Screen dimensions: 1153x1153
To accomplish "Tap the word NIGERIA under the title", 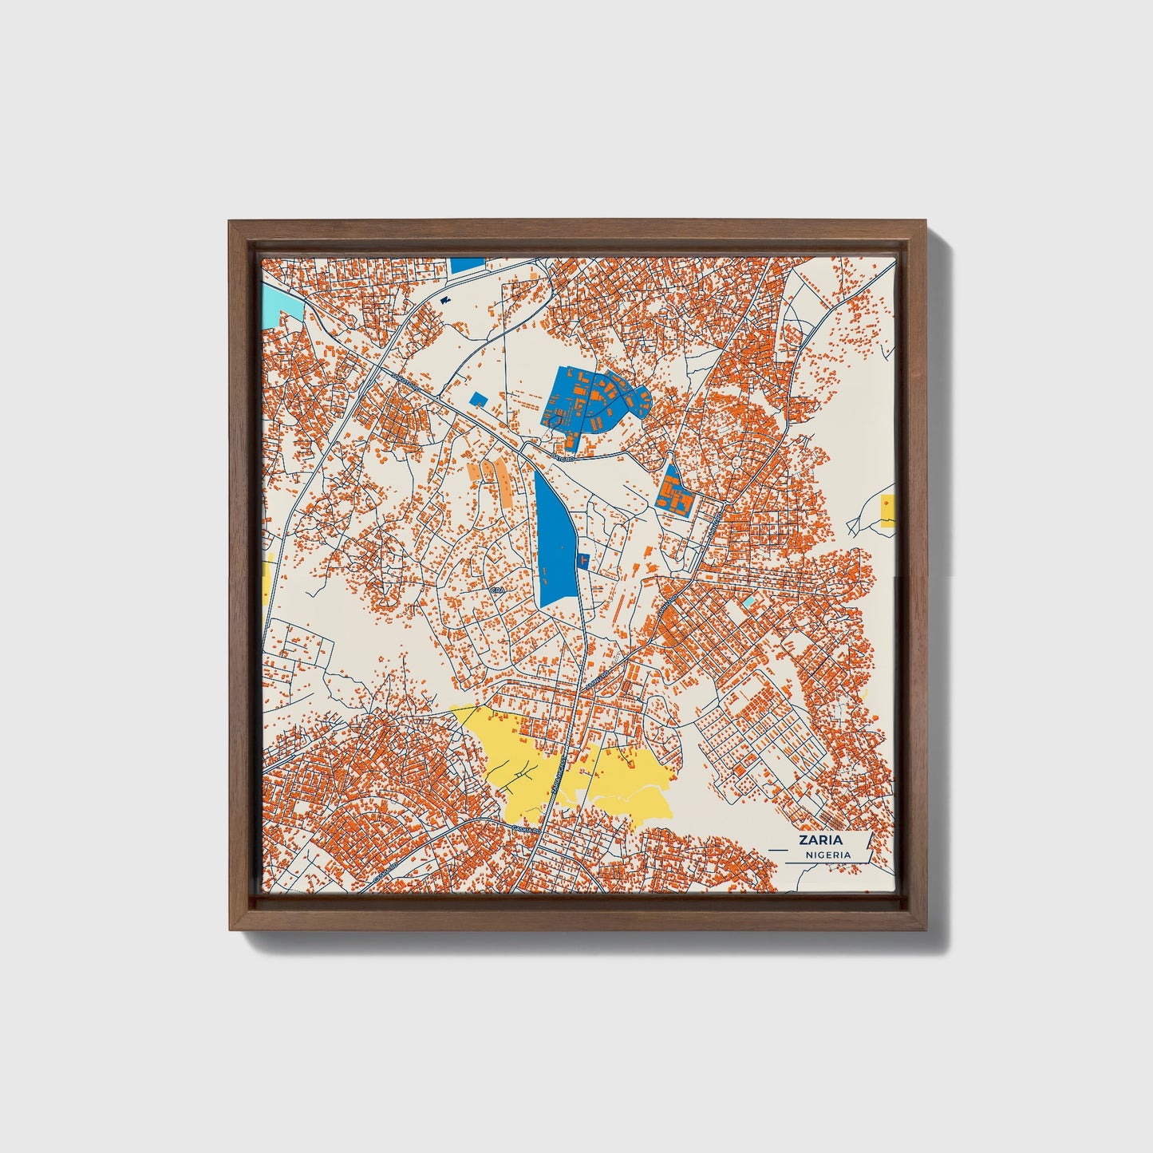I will click(x=827, y=855).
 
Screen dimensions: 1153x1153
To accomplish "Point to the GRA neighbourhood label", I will click(x=499, y=590).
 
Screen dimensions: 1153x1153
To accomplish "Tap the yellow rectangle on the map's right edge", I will click(x=886, y=511).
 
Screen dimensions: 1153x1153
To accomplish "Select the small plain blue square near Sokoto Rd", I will click(x=478, y=398).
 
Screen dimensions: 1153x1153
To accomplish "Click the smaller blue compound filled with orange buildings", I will click(x=675, y=493).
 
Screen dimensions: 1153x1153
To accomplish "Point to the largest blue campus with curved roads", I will click(x=594, y=399).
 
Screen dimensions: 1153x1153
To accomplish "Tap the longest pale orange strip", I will click(x=505, y=482).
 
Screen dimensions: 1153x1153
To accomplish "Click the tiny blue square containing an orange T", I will click(x=582, y=560).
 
